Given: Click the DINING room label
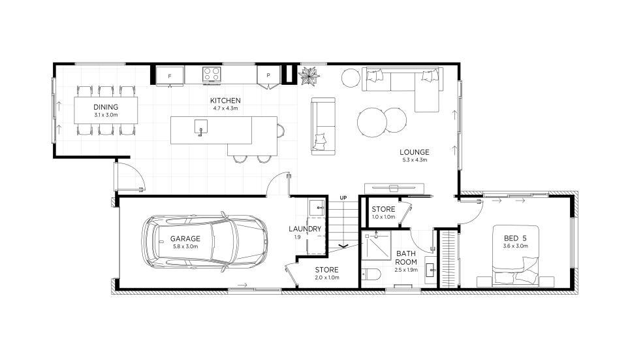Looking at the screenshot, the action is click(x=106, y=107).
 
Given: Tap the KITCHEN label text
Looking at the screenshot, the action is click(x=225, y=101).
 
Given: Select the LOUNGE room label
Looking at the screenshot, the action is click(x=415, y=152).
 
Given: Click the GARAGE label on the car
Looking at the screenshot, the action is click(x=185, y=238).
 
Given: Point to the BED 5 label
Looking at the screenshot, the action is click(x=515, y=238).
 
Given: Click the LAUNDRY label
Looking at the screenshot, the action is click(x=305, y=229).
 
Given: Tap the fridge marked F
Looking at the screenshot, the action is click(x=170, y=76).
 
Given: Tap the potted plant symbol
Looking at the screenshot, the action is click(x=309, y=75).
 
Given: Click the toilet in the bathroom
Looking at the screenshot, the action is click(x=371, y=274).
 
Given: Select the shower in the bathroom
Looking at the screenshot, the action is click(x=375, y=244).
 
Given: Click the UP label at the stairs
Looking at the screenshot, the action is click(x=343, y=198).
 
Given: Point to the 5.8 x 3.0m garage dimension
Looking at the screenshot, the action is click(x=185, y=246).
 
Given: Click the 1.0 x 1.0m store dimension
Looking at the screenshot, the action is click(x=383, y=217).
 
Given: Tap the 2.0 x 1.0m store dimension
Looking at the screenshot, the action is click(x=326, y=278).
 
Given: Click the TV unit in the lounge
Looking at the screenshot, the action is click(x=394, y=188).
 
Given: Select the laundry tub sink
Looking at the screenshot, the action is click(x=316, y=208).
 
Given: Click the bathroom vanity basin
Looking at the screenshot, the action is click(x=430, y=270).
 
